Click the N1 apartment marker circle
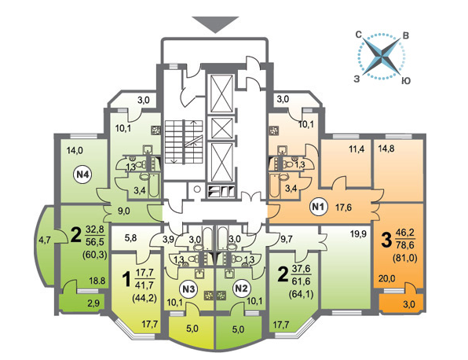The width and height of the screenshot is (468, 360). pos(319,207)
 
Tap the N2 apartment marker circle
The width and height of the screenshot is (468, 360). pos(241,289)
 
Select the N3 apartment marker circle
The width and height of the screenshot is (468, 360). pos(188,289)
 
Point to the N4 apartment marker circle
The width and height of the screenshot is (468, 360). pos(82,174)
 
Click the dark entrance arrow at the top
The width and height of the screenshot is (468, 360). pos(215,24)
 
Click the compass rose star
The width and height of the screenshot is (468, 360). pos(381,56)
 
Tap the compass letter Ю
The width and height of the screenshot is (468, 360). pos(405,81)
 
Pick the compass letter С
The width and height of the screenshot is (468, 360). pos(359,35)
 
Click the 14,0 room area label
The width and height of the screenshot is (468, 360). pos(75,151)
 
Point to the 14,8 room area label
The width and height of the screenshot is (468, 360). pos(386,149)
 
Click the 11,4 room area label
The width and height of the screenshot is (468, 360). pos(357,149)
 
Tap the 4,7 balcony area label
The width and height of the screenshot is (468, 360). pos(45,240)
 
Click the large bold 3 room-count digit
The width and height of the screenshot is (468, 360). pos(386,241)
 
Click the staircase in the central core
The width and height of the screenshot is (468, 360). pos(184,141)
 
